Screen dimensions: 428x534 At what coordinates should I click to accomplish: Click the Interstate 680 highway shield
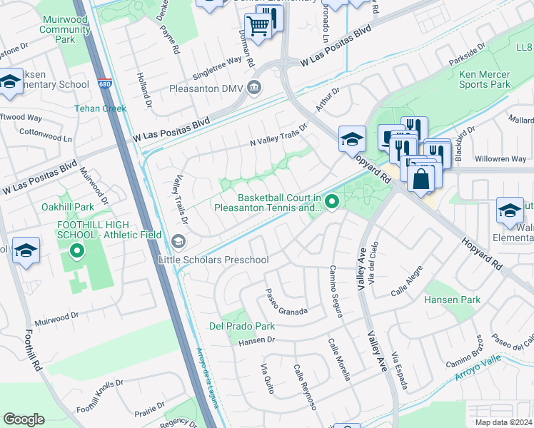(104, 83)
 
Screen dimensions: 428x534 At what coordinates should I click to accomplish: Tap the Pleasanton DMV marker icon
(253, 88)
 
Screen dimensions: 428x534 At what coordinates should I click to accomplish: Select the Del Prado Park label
(242, 326)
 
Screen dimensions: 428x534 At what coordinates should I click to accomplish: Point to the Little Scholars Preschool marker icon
(177, 239)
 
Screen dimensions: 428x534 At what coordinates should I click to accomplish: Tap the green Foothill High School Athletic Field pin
(77, 250)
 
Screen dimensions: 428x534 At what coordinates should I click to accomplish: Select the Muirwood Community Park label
(65, 29)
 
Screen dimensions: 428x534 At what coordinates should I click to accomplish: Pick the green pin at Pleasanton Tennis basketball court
(331, 203)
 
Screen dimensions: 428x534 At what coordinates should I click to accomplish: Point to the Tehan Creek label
(101, 108)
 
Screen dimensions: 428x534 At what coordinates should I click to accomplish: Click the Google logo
(24, 419)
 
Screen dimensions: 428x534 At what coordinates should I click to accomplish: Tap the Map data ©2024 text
(504, 422)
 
